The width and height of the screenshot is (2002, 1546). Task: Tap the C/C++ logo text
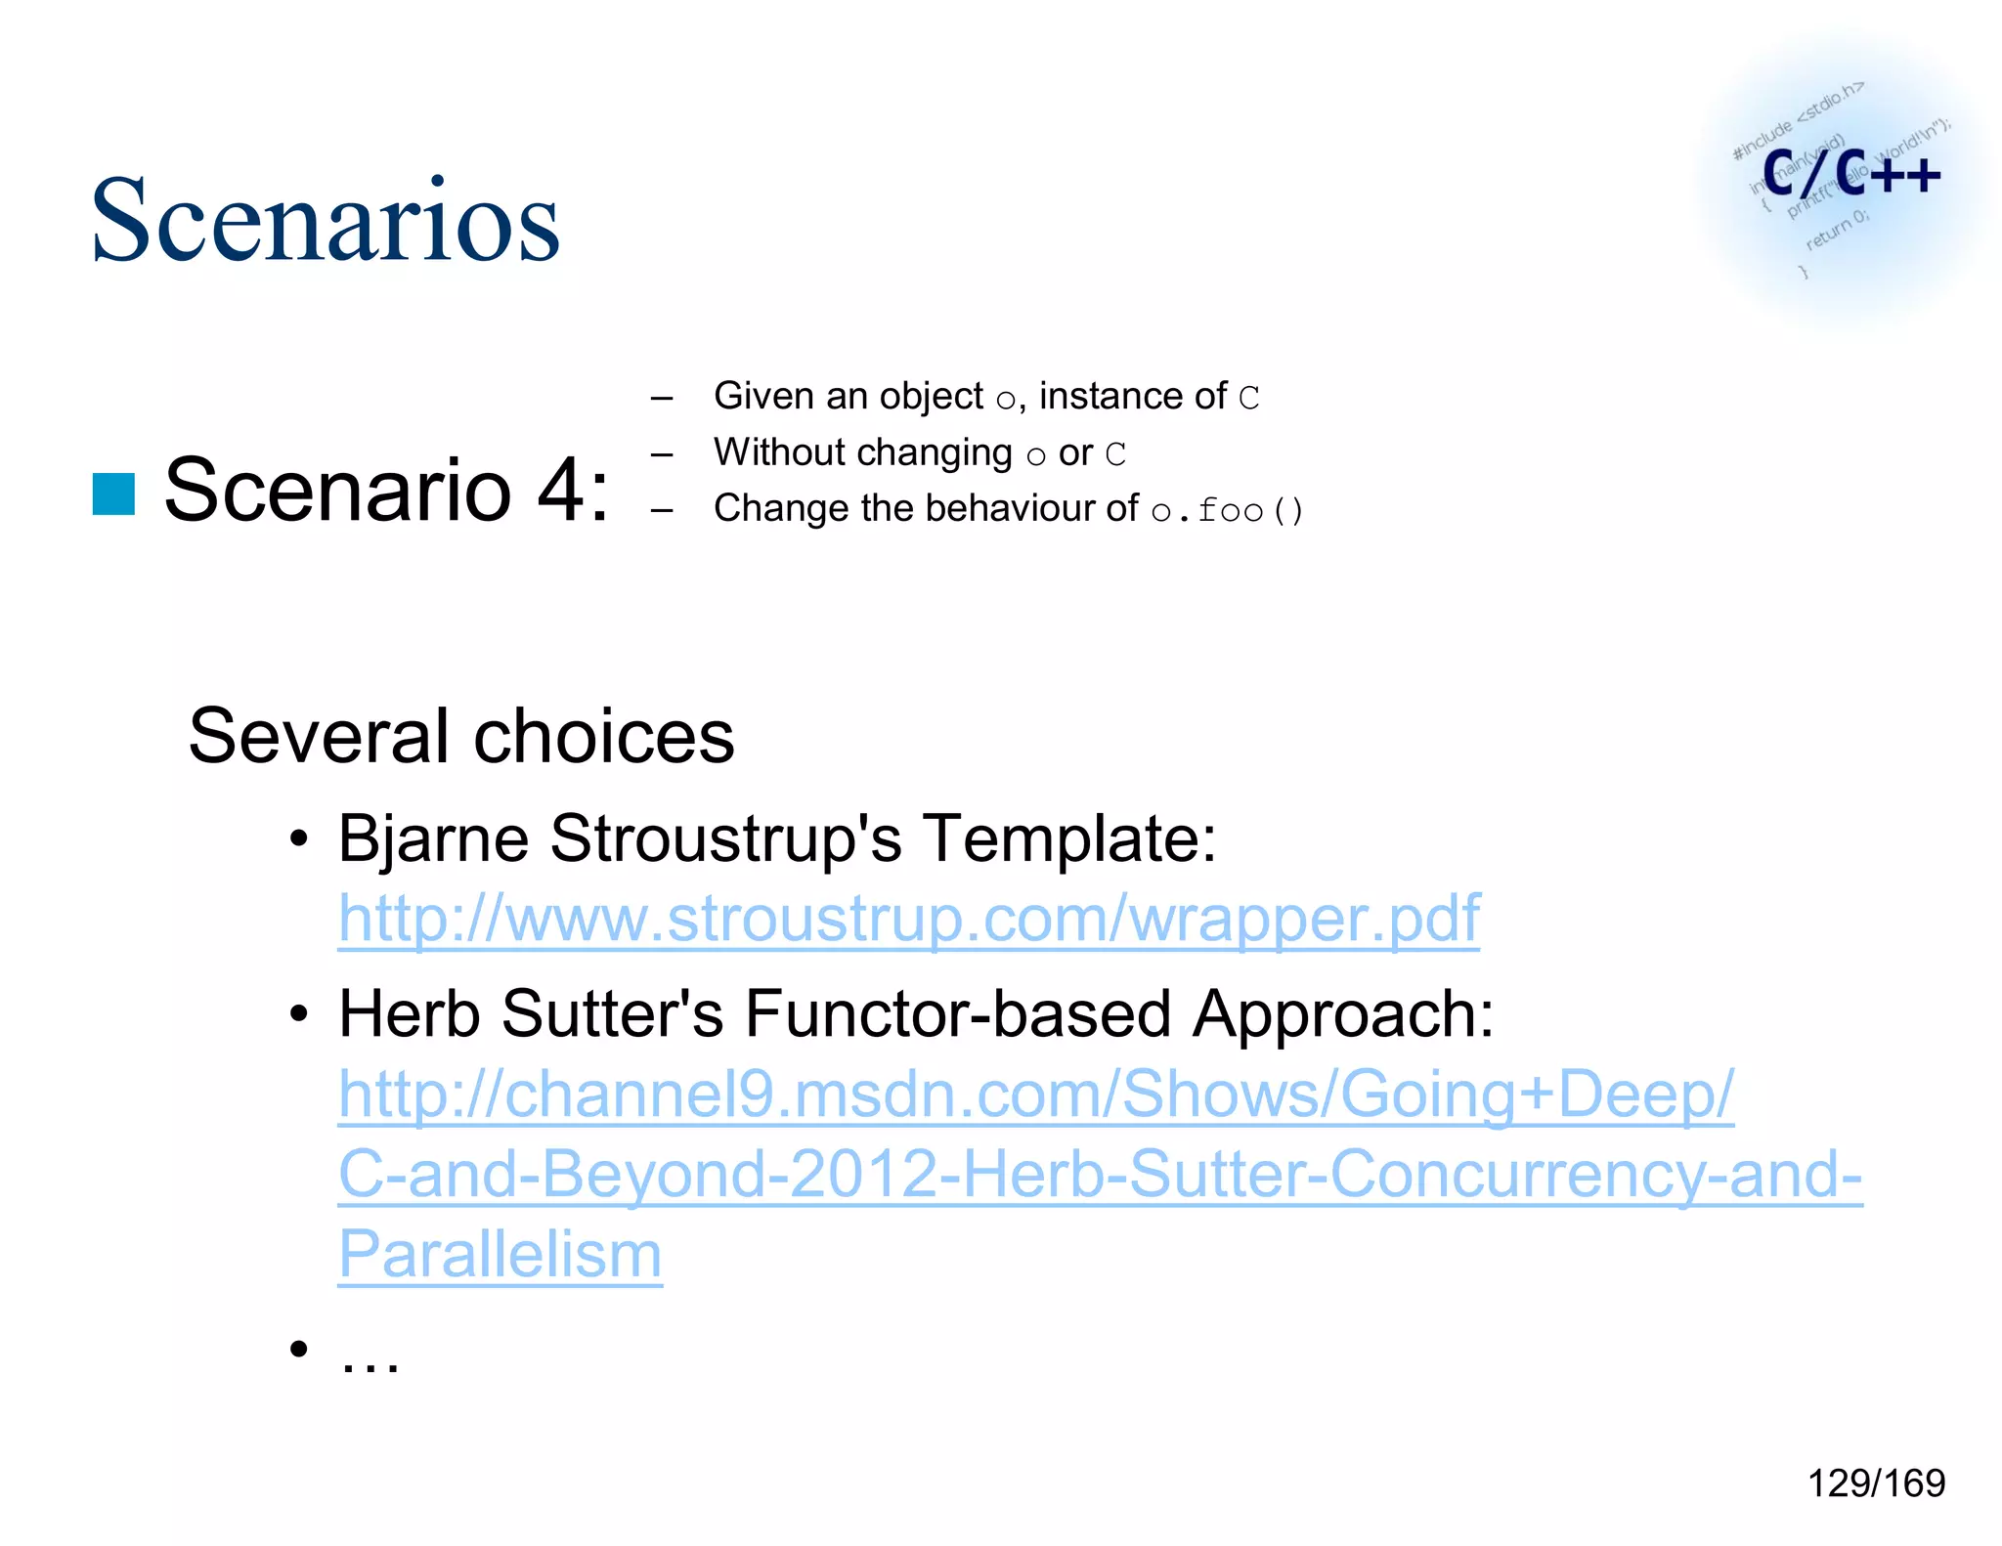click(1850, 174)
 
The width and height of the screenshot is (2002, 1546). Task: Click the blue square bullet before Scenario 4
click(113, 494)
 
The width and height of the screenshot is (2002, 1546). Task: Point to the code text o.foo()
click(1227, 510)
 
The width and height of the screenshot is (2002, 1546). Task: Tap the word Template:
click(1069, 837)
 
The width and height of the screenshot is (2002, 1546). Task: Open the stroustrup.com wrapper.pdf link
click(908, 919)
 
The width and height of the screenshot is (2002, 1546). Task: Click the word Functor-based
click(957, 1013)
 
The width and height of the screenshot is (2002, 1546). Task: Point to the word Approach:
click(1342, 1013)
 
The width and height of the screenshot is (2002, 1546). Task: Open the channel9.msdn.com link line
click(1035, 1094)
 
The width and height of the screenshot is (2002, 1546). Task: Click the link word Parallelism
click(500, 1254)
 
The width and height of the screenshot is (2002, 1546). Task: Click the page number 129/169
click(1876, 1483)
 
